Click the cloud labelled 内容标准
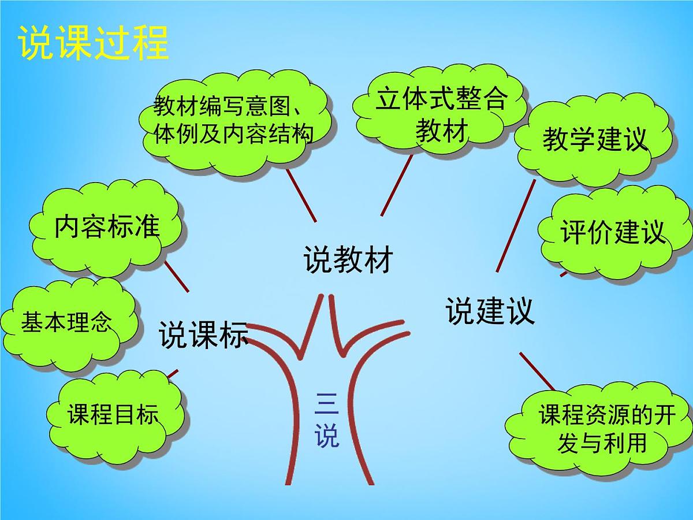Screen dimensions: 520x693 click(107, 228)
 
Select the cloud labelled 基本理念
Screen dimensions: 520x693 click(68, 322)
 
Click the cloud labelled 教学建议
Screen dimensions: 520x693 click(595, 140)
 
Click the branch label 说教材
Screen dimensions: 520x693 click(348, 260)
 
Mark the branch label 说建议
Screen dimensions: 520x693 click(490, 311)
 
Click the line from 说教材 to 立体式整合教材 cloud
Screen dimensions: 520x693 click(397, 185)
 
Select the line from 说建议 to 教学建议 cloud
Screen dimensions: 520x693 click(516, 226)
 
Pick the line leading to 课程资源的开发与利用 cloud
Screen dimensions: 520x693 click(536, 371)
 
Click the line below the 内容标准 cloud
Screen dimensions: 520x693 click(177, 276)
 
